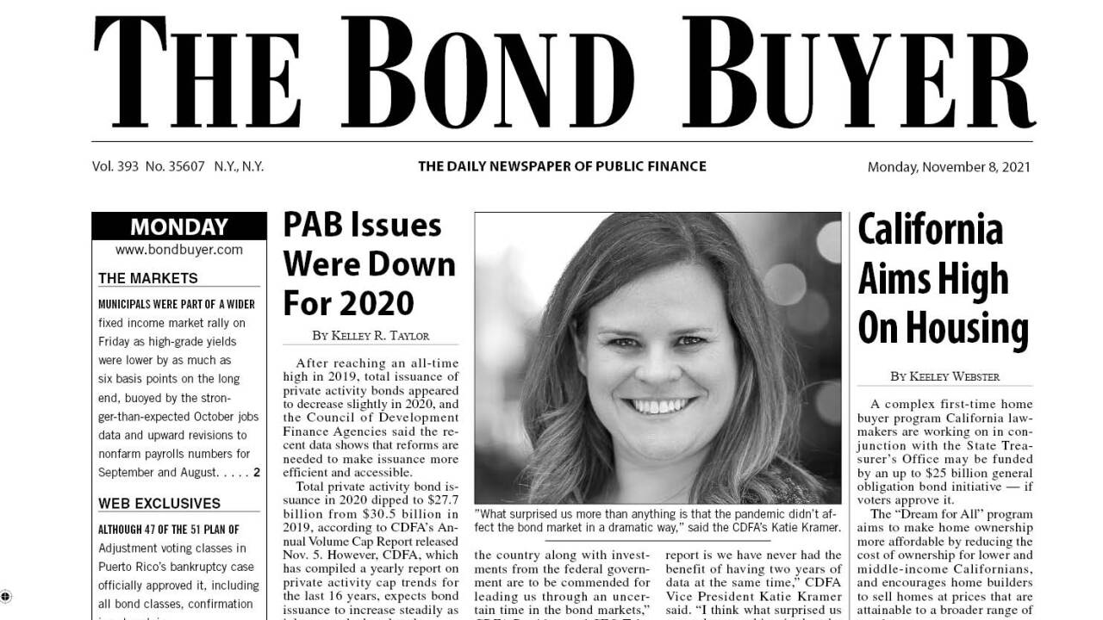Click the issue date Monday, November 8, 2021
pos(949,167)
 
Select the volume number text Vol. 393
pos(115,166)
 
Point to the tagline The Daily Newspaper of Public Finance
pos(562,166)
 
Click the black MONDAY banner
pos(179,227)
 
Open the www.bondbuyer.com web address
pos(179,250)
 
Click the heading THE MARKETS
pos(148,278)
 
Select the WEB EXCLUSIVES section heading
pos(159,504)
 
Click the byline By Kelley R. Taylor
pos(371,335)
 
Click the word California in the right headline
pos(931,230)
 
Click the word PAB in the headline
pos(315,226)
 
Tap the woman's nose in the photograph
pos(657,362)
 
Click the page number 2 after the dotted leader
pos(256,473)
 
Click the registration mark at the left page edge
pos(5,596)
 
